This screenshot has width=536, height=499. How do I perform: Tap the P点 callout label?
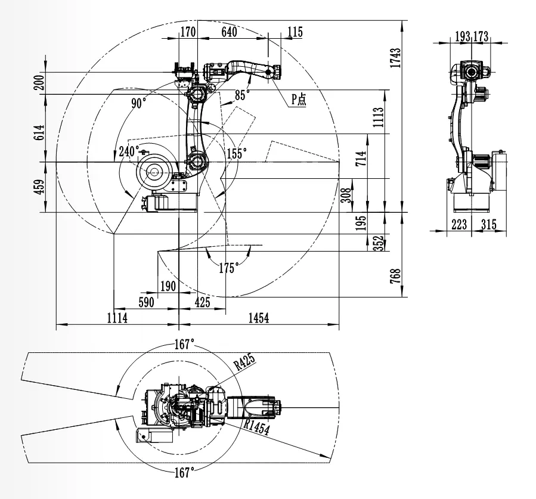click(298, 100)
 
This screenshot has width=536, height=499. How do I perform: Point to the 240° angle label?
click(129, 151)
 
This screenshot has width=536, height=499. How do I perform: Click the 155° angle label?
click(236, 153)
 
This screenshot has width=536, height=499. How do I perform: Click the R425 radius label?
click(244, 363)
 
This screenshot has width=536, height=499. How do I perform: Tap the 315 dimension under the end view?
click(488, 224)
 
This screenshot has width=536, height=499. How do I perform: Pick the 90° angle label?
click(139, 103)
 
